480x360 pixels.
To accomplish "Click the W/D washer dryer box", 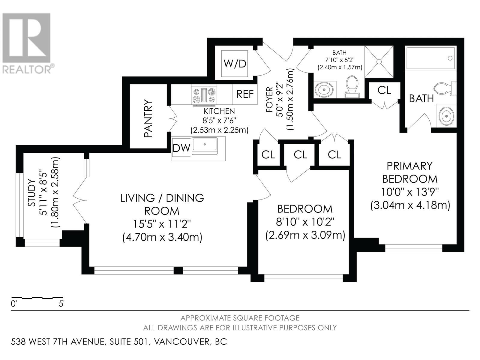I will (235, 64).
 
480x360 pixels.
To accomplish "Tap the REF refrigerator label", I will (245, 94).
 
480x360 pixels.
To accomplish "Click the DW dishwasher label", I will (181, 148).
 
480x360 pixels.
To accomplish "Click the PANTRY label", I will (148, 119).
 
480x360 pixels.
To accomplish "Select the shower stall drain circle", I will (379, 62).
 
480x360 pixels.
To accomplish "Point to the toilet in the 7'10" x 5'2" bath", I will (351, 86).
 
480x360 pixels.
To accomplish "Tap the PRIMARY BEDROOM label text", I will (409, 172).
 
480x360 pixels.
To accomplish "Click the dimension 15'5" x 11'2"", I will (162, 224).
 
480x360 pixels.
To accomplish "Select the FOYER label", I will (269, 100).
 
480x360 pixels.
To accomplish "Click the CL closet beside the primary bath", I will (384, 90).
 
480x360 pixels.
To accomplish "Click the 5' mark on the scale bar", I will (61, 304).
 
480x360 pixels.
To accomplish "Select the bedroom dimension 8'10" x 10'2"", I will (305, 222).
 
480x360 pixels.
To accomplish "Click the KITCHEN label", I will (219, 111).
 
